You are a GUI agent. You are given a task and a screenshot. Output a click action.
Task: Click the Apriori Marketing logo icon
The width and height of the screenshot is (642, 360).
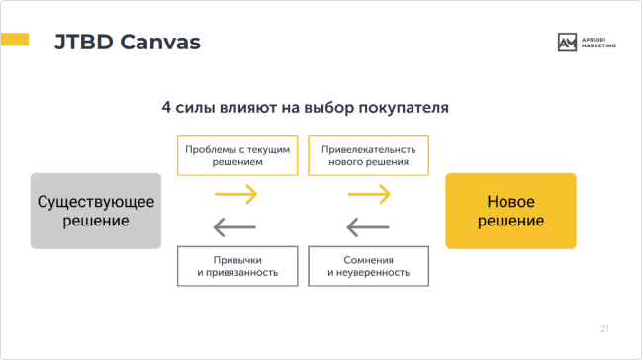point(567,42)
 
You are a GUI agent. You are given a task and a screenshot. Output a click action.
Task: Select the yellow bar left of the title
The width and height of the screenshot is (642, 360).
point(15,41)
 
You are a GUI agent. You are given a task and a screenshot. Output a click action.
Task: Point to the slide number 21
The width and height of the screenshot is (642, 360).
point(604,328)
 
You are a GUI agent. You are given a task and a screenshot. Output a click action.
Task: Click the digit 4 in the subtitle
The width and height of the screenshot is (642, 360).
point(166,106)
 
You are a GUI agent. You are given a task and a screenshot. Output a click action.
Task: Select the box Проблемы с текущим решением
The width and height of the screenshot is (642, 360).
point(237,156)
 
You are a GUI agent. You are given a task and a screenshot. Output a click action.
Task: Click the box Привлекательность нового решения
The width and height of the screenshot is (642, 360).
point(369,156)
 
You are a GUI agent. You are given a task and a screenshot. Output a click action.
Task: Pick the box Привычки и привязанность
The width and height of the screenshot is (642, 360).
point(237,265)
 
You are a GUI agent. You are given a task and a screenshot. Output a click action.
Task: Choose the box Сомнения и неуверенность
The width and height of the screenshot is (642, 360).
point(369,265)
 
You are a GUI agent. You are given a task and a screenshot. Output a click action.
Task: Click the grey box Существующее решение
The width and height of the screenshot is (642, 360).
point(95,211)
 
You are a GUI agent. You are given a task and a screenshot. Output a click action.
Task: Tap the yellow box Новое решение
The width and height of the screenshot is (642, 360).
point(510,211)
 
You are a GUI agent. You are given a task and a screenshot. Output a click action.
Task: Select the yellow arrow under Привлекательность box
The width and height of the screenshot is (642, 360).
point(370,194)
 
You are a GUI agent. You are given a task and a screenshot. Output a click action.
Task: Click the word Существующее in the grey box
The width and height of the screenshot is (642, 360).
point(95,201)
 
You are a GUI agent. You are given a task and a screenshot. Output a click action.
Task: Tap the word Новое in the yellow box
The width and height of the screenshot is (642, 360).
point(510,201)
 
